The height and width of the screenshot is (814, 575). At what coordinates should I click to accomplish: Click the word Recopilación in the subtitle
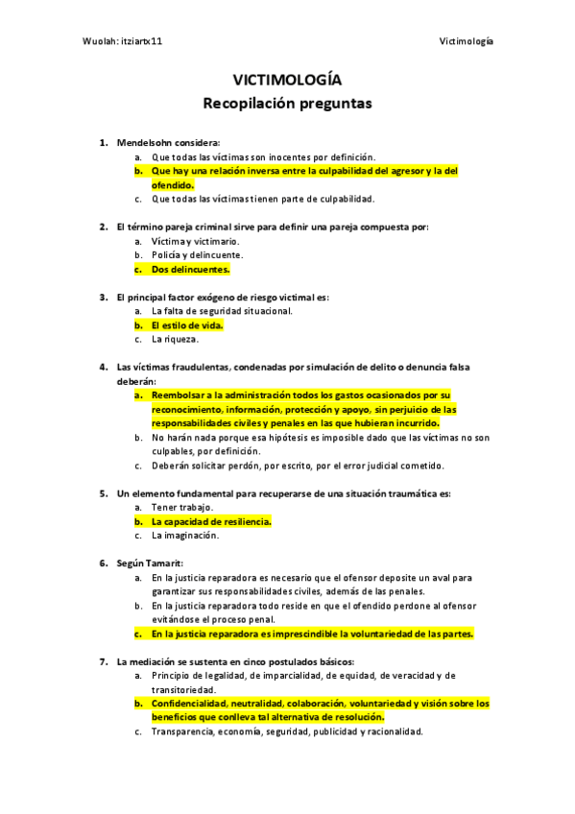[250, 102]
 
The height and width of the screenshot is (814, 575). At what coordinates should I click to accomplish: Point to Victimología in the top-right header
[466, 41]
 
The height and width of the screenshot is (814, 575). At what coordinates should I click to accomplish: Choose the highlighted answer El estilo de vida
[186, 325]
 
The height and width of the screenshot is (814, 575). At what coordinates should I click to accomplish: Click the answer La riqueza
[175, 339]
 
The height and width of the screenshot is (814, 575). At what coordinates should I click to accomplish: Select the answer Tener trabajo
[182, 507]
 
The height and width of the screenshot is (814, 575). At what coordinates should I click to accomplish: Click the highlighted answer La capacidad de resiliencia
[210, 521]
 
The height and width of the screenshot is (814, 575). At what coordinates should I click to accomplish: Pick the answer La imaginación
[184, 536]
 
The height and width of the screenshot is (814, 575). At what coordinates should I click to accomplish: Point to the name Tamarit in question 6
[166, 563]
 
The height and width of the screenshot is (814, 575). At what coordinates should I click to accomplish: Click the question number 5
[103, 493]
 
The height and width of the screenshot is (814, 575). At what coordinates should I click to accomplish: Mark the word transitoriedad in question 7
[182, 689]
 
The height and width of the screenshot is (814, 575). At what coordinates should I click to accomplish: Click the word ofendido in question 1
[172, 184]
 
